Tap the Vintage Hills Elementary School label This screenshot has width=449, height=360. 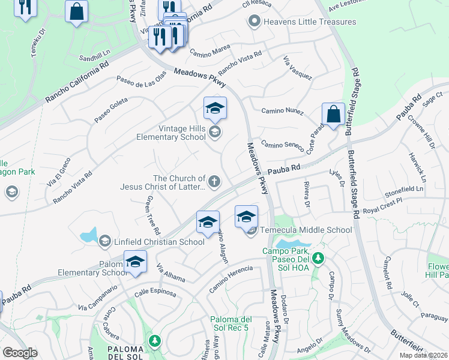(182, 133)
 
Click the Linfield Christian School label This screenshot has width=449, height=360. (159, 242)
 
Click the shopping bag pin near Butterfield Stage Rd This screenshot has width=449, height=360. (333, 115)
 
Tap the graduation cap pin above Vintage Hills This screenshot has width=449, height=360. (215, 109)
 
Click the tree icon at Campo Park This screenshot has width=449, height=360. (318, 259)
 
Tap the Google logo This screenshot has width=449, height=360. (20, 353)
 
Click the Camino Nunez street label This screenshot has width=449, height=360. (282, 111)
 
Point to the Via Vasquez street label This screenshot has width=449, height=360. (298, 68)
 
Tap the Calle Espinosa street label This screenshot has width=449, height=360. (155, 293)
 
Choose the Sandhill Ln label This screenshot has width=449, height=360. (95, 58)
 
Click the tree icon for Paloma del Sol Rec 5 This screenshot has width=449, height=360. (155, 341)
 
